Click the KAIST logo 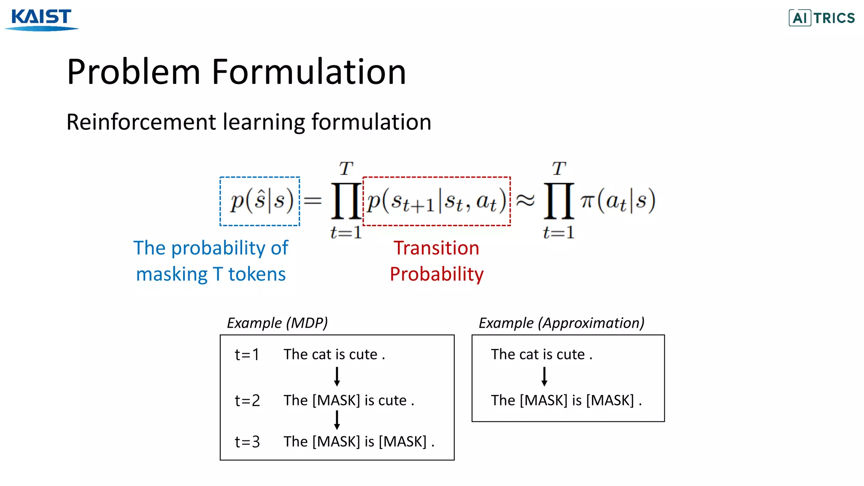click(x=41, y=19)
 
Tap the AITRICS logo click(x=821, y=18)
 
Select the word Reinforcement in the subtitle click(x=141, y=122)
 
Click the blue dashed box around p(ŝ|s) click(x=260, y=201)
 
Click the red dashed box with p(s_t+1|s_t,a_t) click(x=436, y=201)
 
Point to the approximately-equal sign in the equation click(x=526, y=201)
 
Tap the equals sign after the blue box click(x=313, y=201)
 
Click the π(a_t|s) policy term click(x=618, y=201)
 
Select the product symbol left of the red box click(x=346, y=201)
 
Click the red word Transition click(x=436, y=248)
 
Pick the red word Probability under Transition click(x=436, y=274)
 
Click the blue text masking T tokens click(x=211, y=274)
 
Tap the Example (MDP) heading click(x=277, y=323)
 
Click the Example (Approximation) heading click(x=561, y=323)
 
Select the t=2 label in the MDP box click(x=247, y=400)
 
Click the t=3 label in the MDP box click(x=247, y=442)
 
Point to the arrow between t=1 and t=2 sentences click(x=337, y=376)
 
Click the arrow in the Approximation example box click(x=544, y=376)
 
